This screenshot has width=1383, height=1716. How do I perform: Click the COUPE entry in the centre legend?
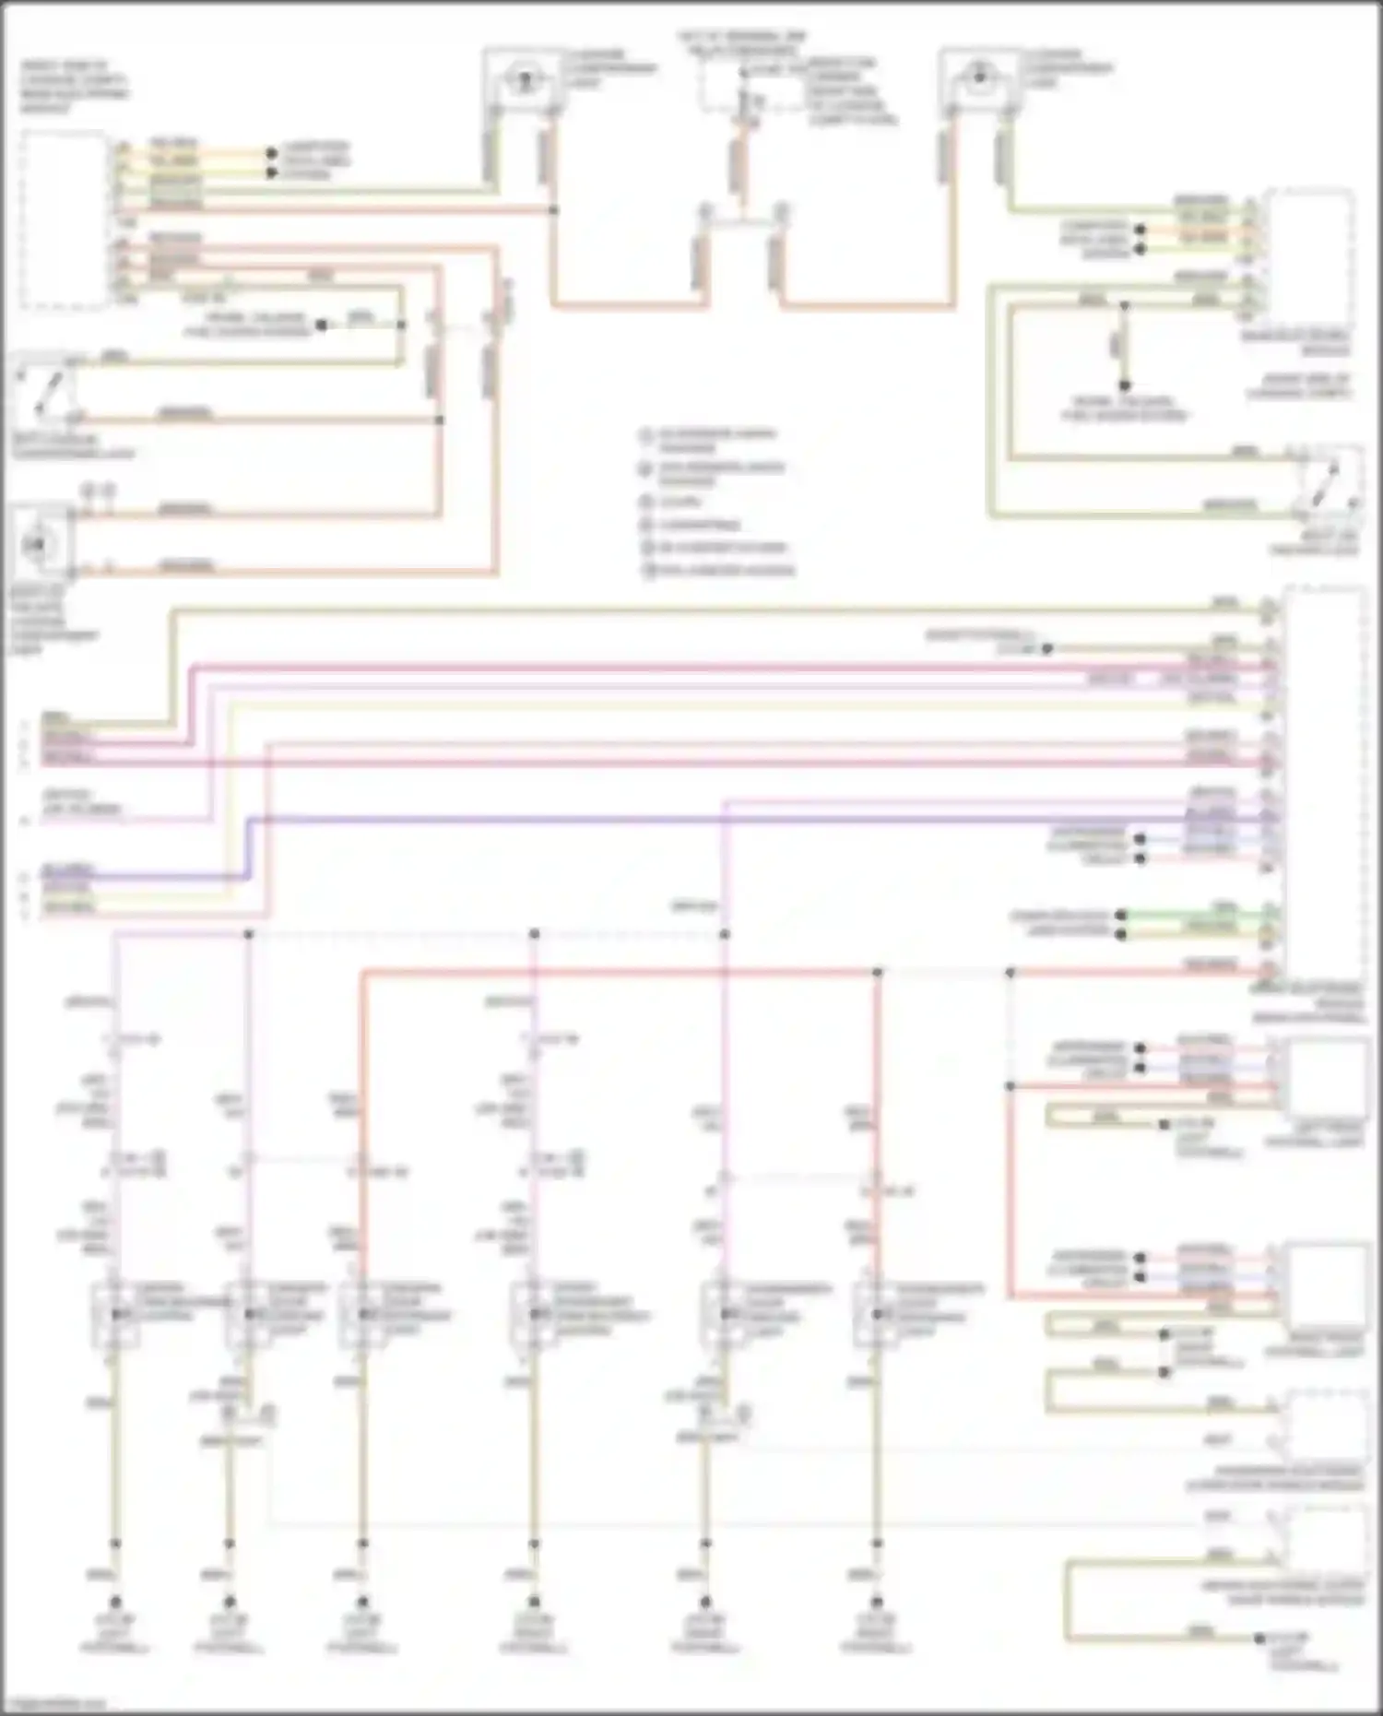click(680, 503)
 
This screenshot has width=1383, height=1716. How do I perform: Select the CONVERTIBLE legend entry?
click(698, 525)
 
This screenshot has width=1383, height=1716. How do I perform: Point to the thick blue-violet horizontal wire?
click(738, 818)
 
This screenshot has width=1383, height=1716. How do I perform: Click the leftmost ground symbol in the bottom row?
click(115, 1603)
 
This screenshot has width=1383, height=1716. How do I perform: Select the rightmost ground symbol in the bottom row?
click(877, 1603)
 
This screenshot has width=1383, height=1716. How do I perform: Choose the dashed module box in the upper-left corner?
click(63, 219)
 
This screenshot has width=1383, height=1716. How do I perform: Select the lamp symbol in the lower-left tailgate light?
click(39, 545)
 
